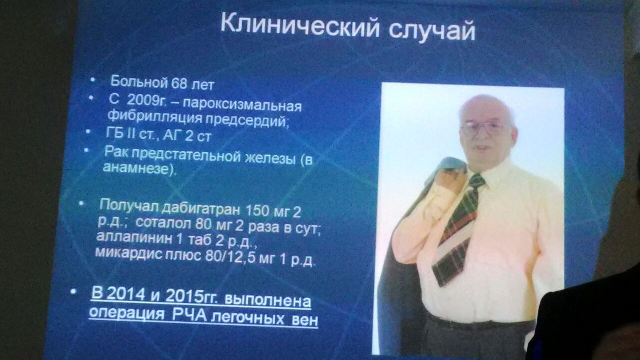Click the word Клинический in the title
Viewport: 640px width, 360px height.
click(x=300, y=27)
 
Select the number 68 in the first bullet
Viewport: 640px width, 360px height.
click(x=179, y=83)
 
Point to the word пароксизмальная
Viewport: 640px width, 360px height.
click(x=242, y=105)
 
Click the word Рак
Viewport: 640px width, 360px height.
click(x=115, y=152)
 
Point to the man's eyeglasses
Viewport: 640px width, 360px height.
click(x=483, y=128)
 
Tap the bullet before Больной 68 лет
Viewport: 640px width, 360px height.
click(x=92, y=81)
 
